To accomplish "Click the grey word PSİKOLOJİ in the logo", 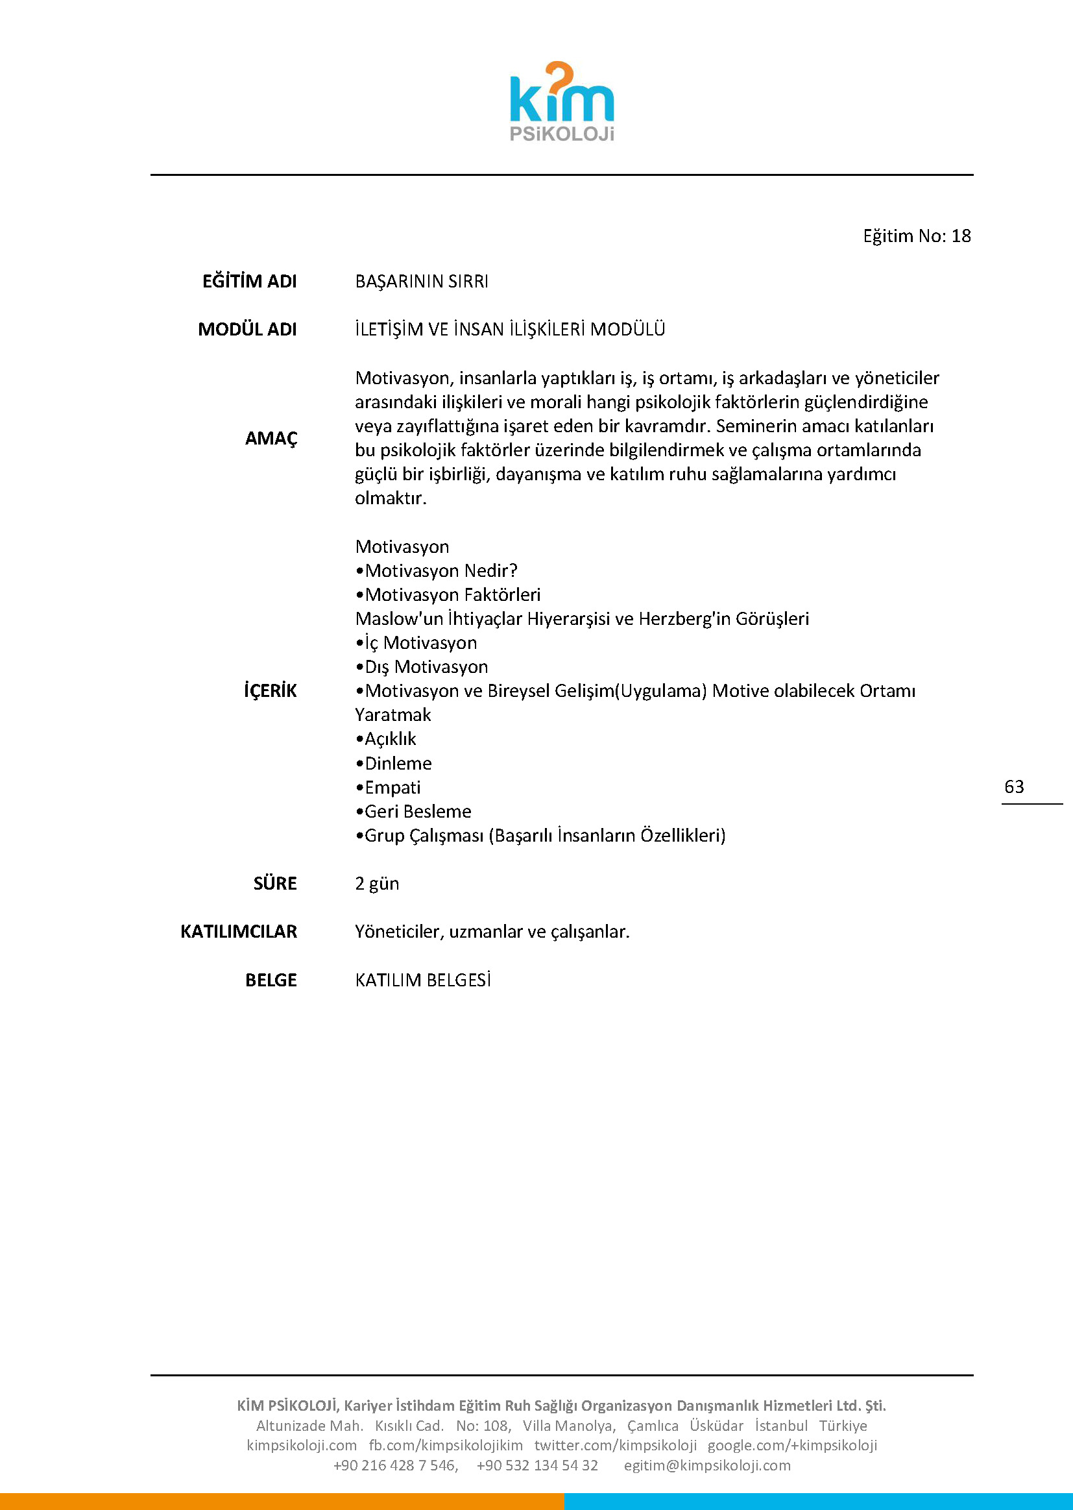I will [562, 134].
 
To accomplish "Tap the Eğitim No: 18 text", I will [917, 236].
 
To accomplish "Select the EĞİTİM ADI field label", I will [249, 282].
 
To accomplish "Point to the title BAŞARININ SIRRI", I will [422, 282].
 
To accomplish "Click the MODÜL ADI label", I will [247, 329].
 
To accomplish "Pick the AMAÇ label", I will [271, 438].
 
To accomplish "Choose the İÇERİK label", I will [271, 691].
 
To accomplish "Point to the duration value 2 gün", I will [377, 884].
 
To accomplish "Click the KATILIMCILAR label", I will [239, 932].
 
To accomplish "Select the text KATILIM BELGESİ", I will [423, 980].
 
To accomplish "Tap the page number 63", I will [1013, 786].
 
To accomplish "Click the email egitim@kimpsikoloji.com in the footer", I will [707, 1465].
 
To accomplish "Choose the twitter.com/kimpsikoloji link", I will [615, 1445].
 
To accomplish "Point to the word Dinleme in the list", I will [398, 763].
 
